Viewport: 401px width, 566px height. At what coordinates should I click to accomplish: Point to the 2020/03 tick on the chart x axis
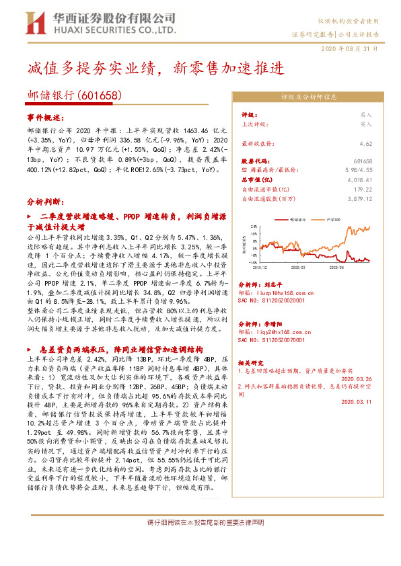click(299, 268)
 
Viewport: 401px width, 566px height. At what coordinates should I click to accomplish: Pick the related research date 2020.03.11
click(357, 402)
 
